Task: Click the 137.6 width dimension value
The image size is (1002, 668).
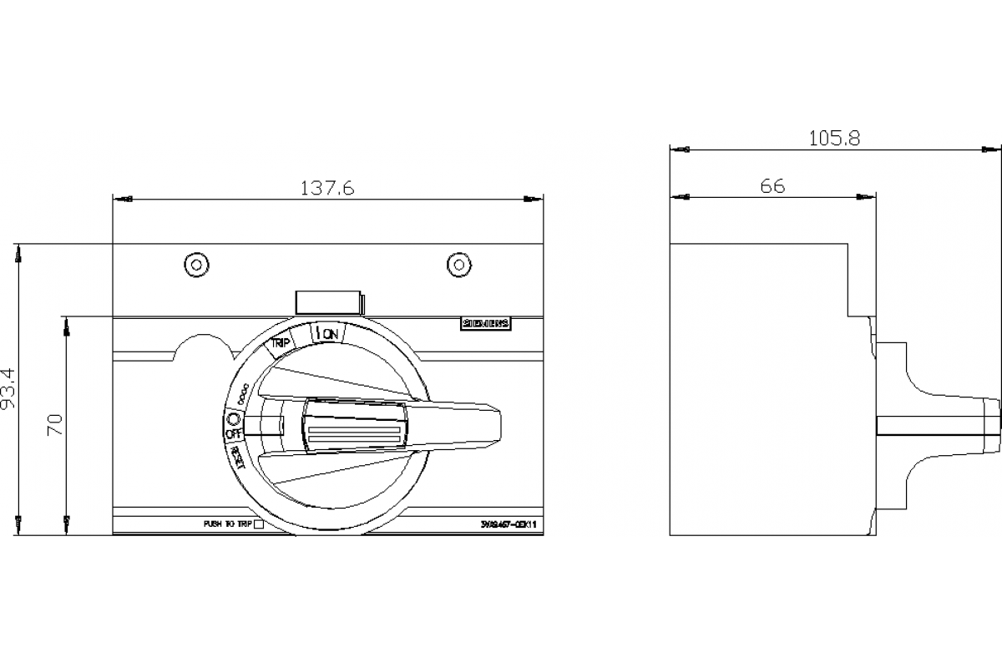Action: (x=327, y=189)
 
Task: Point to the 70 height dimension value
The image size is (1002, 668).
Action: (x=56, y=424)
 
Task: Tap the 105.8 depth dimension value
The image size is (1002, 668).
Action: (x=833, y=139)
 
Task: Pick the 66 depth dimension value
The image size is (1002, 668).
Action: (x=772, y=186)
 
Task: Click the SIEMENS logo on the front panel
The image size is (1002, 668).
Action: (x=486, y=326)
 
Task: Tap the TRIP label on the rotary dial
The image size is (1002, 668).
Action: (x=280, y=342)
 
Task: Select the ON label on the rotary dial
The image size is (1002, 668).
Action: (x=328, y=334)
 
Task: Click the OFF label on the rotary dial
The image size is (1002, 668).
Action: (x=233, y=433)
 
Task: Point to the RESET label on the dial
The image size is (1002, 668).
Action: (x=237, y=458)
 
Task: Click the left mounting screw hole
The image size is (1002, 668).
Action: (x=195, y=265)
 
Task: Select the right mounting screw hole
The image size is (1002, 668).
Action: (x=458, y=265)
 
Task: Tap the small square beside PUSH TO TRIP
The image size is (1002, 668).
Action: (x=258, y=524)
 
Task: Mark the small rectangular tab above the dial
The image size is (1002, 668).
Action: (x=330, y=302)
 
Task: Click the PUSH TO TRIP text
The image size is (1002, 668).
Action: (x=227, y=524)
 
